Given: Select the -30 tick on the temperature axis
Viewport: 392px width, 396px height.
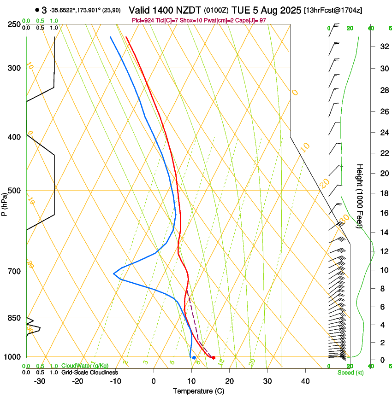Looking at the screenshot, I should tap(40, 381).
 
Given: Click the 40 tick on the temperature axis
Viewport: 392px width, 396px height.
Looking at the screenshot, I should tap(305, 381).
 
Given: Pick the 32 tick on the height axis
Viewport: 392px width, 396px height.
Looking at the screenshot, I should tap(383, 47).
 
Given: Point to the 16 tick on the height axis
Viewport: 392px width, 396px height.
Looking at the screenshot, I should tap(383, 213).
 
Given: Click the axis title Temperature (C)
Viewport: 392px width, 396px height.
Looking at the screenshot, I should tap(198, 391).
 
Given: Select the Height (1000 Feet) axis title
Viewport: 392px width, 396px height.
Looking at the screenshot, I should tap(360, 196).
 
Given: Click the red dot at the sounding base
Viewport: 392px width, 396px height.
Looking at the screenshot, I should tap(213, 358).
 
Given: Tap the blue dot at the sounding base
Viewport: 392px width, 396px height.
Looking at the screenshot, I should tap(194, 358).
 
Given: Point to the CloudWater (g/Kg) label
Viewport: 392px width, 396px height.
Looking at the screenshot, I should tap(85, 366).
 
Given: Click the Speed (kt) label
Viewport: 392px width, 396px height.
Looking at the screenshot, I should tap(350, 373).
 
